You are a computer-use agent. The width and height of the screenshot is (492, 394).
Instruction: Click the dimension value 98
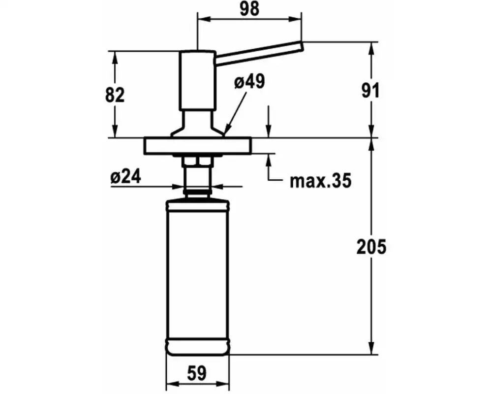249,9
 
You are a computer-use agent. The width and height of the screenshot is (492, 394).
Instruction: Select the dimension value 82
115,95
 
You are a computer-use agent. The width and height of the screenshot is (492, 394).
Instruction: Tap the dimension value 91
370,91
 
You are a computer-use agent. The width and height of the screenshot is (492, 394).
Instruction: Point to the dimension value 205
371,247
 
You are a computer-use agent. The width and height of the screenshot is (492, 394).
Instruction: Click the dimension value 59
197,373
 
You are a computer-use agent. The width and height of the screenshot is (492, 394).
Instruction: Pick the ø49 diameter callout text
249,82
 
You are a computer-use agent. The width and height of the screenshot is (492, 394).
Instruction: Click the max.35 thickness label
320,181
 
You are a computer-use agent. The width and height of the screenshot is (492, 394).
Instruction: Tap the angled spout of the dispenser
259,53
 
